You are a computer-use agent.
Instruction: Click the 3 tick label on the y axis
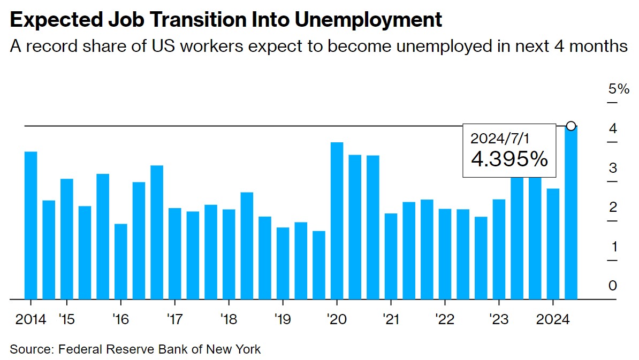[x=613, y=168]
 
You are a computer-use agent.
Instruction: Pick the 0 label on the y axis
[x=613, y=286]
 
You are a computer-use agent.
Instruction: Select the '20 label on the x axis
[x=337, y=319]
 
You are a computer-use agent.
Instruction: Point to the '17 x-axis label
[x=174, y=319]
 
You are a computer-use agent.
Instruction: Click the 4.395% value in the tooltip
[x=509, y=159]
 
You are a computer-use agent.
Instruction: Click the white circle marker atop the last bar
[x=571, y=126]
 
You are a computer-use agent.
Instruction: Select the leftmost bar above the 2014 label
[x=31, y=225]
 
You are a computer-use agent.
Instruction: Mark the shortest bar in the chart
[x=319, y=265]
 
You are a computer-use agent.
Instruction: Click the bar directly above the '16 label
[x=121, y=261]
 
